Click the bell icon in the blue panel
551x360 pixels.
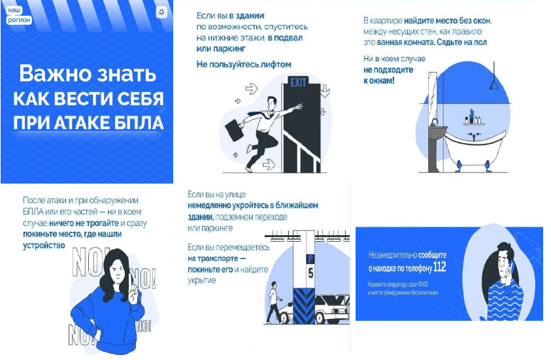[161, 12]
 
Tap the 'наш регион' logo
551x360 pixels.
[18, 15]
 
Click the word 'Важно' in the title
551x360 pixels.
[54, 73]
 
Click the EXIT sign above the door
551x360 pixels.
[298, 82]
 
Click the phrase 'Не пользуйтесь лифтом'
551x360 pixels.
[244, 65]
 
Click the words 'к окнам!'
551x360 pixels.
[379, 81]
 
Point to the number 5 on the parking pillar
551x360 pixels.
[310, 273]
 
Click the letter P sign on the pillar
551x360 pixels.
[310, 259]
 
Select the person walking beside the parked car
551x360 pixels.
[273, 302]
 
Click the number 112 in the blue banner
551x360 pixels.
[440, 267]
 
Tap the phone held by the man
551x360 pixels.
[512, 268]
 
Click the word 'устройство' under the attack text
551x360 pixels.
[44, 246]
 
